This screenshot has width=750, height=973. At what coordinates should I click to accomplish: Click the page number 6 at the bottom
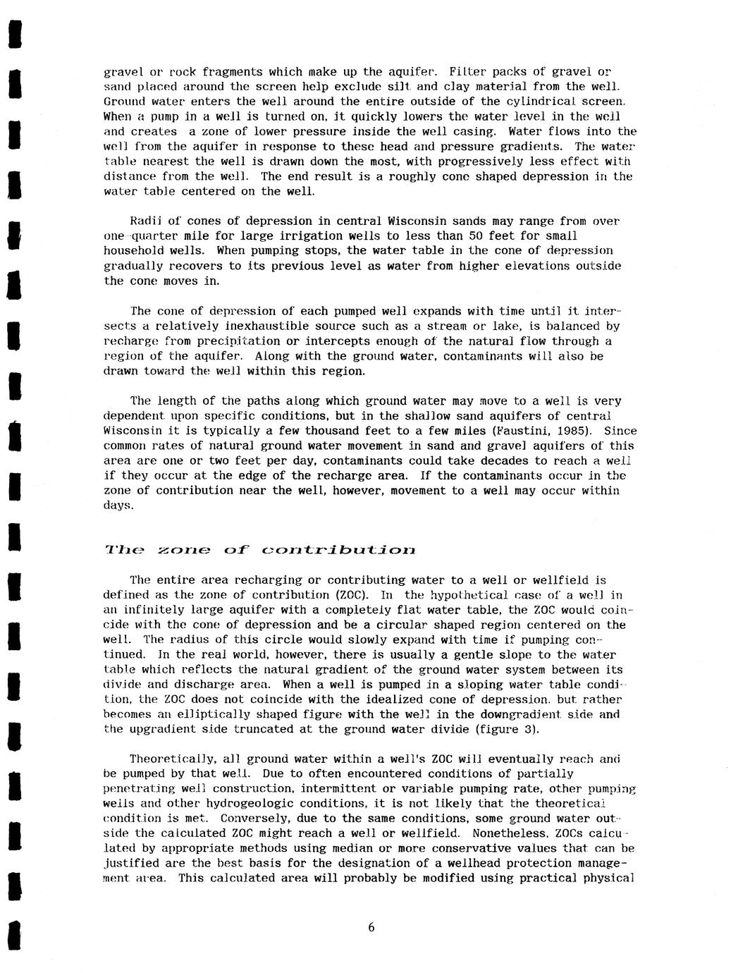coord(371,928)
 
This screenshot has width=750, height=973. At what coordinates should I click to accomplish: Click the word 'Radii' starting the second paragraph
coord(148,221)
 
